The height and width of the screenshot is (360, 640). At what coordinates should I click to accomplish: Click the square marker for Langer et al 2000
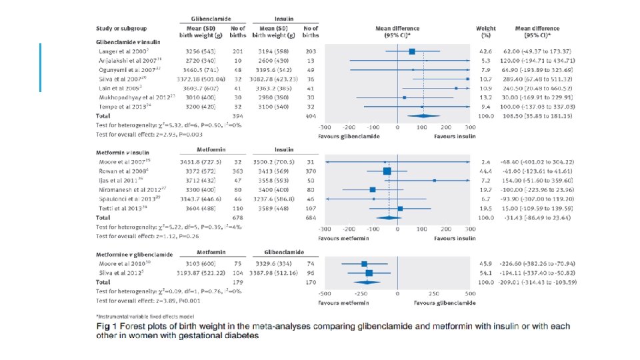[412, 51]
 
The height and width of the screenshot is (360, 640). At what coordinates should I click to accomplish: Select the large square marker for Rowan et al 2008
[387, 171]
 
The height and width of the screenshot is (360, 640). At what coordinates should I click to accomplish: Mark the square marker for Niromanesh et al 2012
[373, 189]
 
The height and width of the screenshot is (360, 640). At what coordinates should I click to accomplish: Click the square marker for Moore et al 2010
[364, 264]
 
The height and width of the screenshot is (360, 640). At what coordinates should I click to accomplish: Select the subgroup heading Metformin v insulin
[126, 153]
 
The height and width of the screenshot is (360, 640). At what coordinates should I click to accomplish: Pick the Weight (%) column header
[485, 31]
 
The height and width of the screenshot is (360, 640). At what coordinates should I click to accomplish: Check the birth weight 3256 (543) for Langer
[198, 51]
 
